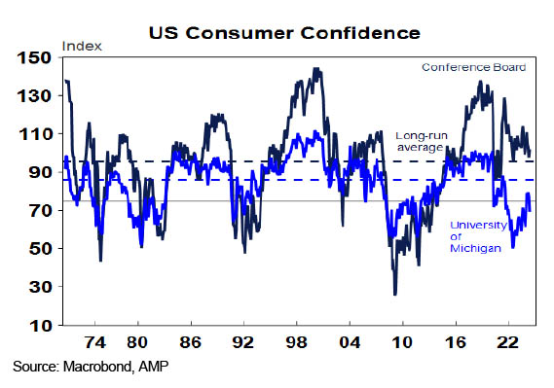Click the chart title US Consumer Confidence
[x=284, y=33]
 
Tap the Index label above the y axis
[x=82, y=47]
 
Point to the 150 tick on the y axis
[x=34, y=57]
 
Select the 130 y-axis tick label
[x=34, y=96]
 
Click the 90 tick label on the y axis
[x=40, y=172]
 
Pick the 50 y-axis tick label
[x=40, y=249]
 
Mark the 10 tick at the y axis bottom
[x=40, y=325]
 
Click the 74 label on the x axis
[x=95, y=342]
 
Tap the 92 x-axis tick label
[x=243, y=342]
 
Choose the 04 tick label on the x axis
[x=350, y=342]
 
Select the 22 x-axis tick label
[x=507, y=342]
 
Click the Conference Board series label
[x=474, y=67]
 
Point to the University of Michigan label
[x=478, y=236]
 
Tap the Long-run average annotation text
[x=422, y=141]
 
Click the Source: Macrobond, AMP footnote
[x=91, y=367]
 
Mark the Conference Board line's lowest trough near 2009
[x=395, y=295]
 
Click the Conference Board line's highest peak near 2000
[x=316, y=68]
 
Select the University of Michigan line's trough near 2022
[x=513, y=247]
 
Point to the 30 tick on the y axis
[x=40, y=287]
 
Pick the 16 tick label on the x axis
[x=456, y=342]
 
